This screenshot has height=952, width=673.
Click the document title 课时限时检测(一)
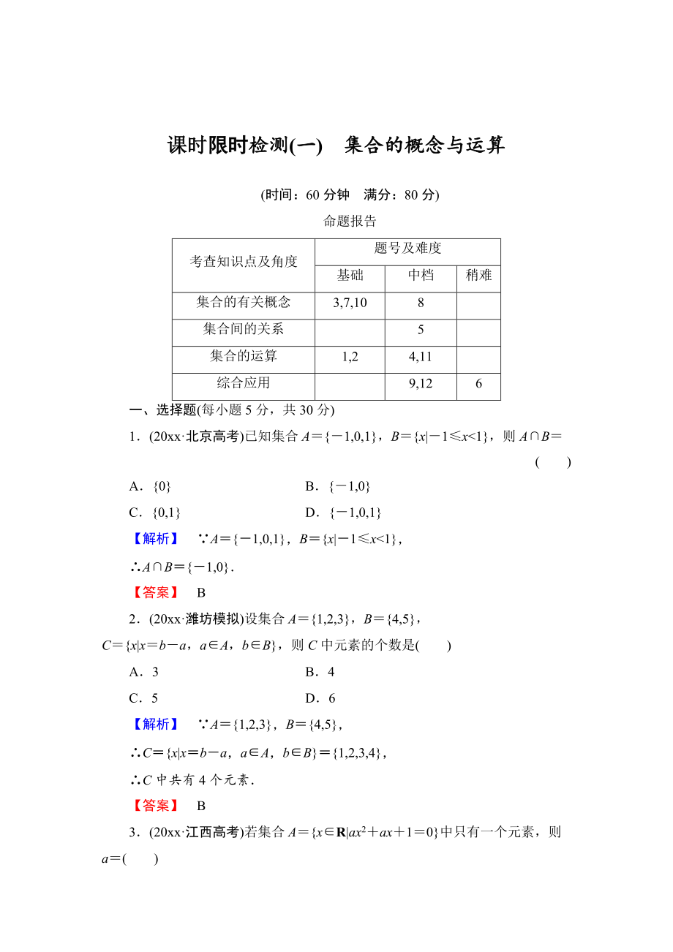click(245, 146)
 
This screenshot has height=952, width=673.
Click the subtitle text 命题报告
click(350, 222)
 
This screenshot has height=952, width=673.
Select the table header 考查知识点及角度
click(244, 262)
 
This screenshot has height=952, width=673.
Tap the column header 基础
click(350, 276)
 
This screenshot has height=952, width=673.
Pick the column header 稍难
click(478, 276)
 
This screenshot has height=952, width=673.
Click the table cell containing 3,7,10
click(350, 303)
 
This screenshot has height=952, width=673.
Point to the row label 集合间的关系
click(244, 330)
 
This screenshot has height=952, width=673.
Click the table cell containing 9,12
click(421, 384)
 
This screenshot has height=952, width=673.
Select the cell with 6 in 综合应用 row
click(478, 384)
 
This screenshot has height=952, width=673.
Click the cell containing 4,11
click(421, 357)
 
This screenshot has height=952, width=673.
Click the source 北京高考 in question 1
click(212, 437)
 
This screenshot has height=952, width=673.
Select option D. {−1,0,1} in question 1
click(344, 513)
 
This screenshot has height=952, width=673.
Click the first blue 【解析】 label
click(156, 539)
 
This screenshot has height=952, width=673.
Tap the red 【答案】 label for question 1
click(156, 593)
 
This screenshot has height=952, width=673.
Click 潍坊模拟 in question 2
click(212, 619)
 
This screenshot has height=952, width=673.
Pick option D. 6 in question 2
click(320, 698)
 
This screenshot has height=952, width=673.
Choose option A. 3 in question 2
click(144, 672)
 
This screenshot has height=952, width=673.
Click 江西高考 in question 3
click(212, 832)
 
